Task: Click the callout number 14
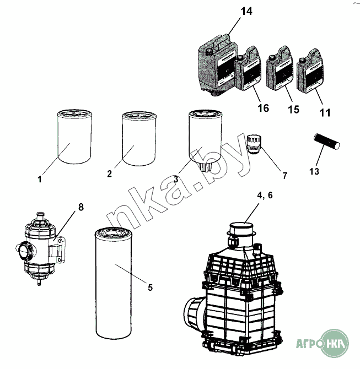click(x=246, y=12)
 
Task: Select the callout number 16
click(x=263, y=108)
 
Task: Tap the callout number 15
click(x=293, y=110)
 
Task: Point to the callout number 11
click(x=325, y=113)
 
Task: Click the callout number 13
click(x=314, y=171)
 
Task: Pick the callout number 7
click(x=285, y=175)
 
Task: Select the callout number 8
click(x=81, y=207)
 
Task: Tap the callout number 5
click(x=150, y=287)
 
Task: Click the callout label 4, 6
click(x=265, y=195)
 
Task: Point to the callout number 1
click(x=40, y=180)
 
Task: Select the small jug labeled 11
click(x=309, y=70)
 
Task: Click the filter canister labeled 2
click(x=139, y=138)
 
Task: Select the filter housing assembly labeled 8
click(x=40, y=248)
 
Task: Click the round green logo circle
click(x=335, y=343)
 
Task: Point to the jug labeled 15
click(x=280, y=68)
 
